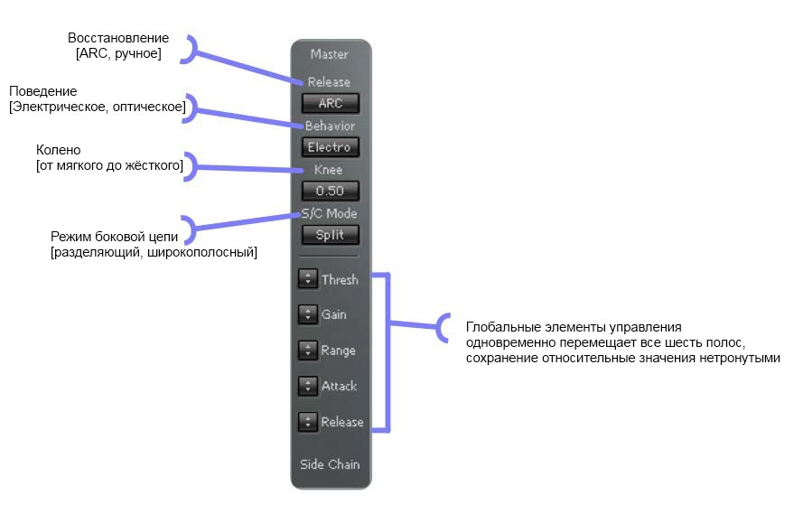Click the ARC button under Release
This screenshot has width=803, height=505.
[331, 103]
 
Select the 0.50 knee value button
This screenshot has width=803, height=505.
[331, 191]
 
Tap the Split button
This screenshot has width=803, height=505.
[331, 235]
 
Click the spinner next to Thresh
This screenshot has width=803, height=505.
[307, 280]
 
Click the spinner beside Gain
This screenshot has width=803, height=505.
[307, 315]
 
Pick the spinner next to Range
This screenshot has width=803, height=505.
[307, 351]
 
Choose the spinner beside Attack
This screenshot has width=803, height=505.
[307, 386]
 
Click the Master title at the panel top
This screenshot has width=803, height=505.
[330, 54]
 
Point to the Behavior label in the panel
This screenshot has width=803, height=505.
[330, 126]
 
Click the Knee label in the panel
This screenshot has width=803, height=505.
[330, 170]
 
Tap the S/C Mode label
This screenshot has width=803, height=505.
[330, 213]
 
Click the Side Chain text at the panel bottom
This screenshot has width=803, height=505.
[330, 464]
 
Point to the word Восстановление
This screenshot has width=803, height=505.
[118, 39]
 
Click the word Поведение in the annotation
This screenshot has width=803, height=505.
[43, 92]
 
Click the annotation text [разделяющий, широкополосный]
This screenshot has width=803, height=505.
[154, 252]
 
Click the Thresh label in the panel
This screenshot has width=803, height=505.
[340, 280]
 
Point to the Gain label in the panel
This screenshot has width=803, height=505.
[334, 315]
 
